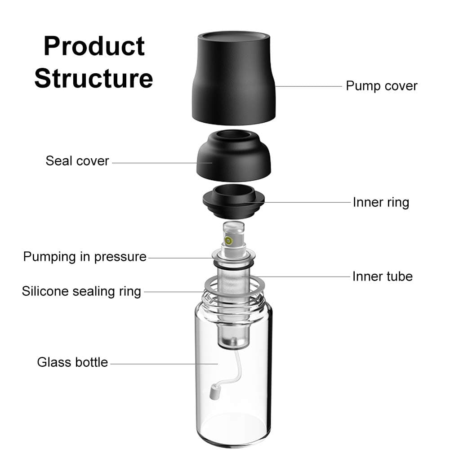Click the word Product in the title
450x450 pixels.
click(x=94, y=46)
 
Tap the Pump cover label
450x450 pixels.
click(x=381, y=86)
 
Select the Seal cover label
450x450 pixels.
click(x=77, y=161)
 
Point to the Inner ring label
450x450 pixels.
click(x=381, y=202)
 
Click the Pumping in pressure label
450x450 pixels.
click(x=85, y=257)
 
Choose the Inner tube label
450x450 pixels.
click(x=382, y=276)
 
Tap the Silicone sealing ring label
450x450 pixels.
click(x=81, y=291)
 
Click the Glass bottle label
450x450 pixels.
click(x=72, y=362)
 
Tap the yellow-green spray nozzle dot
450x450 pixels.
click(x=229, y=241)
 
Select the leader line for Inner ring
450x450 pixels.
click(x=306, y=202)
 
